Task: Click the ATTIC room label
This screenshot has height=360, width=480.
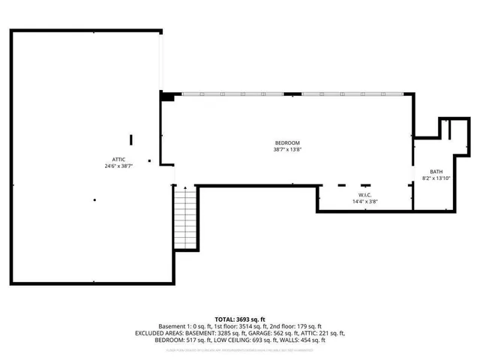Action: [119, 160]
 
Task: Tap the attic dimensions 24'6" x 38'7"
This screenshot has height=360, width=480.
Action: [119, 166]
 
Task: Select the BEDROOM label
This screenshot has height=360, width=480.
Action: [286, 142]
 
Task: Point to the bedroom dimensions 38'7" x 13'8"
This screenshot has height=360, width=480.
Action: [286, 148]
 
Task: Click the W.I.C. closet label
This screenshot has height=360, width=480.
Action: [365, 195]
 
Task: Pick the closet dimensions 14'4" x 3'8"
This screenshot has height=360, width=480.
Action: [365, 201]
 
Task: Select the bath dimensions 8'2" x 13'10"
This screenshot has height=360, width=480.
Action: [435, 178]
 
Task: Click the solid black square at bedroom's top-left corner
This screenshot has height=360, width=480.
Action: [168, 96]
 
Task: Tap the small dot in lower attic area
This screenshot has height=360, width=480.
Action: [94, 199]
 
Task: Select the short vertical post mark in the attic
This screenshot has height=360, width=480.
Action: [131, 139]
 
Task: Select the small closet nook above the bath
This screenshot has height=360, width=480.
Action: [443, 128]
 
